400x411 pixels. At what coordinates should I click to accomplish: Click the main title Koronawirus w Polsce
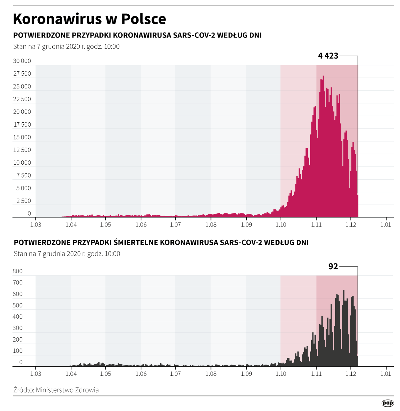point(89,19)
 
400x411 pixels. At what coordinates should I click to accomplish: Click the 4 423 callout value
point(328,56)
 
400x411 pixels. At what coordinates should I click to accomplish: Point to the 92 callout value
point(333,266)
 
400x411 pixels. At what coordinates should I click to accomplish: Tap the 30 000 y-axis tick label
point(22,61)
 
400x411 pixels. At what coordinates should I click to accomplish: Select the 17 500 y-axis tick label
point(22,125)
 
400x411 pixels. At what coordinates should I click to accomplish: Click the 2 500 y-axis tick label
point(24,201)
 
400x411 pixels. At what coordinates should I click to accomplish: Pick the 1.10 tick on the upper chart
point(281,225)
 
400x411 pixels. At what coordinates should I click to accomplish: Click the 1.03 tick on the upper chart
point(36,225)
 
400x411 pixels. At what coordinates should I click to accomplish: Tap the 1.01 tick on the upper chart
point(386,225)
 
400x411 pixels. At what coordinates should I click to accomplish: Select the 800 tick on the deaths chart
point(18,271)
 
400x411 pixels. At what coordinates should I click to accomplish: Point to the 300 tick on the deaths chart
point(18,328)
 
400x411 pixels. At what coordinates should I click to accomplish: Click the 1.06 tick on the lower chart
point(141,374)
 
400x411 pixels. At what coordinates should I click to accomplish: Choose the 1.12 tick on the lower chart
point(351,374)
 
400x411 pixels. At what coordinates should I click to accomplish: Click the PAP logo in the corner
point(387,403)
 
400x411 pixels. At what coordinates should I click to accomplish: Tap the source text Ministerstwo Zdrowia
point(67,390)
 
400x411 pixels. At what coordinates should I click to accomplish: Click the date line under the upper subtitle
point(66,46)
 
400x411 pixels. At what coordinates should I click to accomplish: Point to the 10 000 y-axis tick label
point(22,163)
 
